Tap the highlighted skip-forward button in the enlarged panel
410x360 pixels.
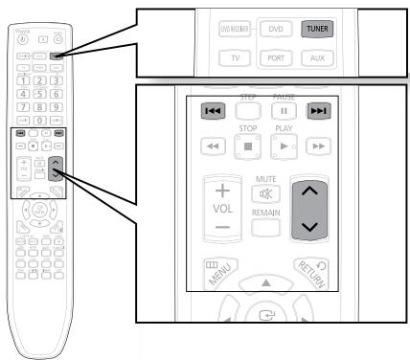(317, 112)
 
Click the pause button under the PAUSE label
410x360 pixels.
(283, 112)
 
